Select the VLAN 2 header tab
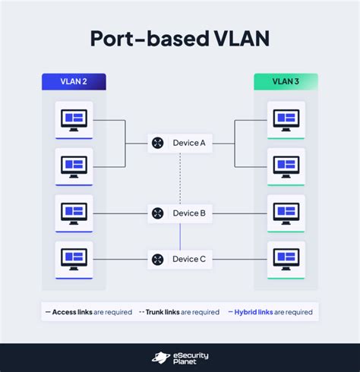click(x=74, y=81)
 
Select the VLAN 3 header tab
click(x=286, y=81)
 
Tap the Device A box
click(x=179, y=142)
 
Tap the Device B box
click(x=179, y=213)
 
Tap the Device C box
click(x=179, y=259)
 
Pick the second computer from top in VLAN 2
click(x=74, y=166)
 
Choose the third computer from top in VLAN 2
click(x=74, y=213)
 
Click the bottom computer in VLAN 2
click(x=74, y=259)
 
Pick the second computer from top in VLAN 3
click(x=286, y=166)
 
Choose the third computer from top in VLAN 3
click(x=286, y=213)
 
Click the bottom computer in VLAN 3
click(x=286, y=259)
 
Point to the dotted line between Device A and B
click(x=180, y=178)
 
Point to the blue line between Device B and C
click(x=180, y=236)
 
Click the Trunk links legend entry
click(x=179, y=312)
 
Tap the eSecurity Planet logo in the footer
click(x=180, y=358)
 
